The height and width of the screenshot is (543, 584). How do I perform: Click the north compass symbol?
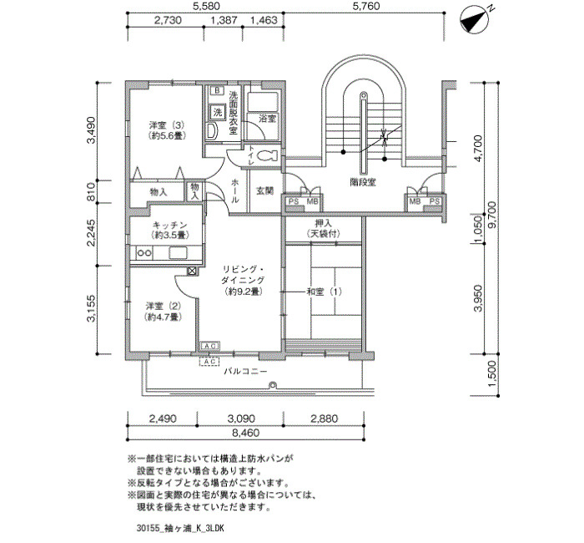coord(474,19)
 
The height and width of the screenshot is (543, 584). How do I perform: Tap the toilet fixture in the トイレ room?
coord(267,155)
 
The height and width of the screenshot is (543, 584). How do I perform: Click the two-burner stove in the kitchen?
coord(144,253)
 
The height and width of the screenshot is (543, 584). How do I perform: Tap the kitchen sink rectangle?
coord(178,252)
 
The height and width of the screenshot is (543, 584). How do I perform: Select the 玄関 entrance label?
coord(264,190)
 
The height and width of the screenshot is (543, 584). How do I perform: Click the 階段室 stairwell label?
coord(363,182)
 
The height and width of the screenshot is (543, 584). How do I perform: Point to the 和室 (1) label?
coord(324,292)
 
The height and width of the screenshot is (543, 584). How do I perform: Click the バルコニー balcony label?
coord(245,372)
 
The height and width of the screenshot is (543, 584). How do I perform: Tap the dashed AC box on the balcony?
coord(209,362)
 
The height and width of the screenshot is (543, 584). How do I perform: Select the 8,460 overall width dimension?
coord(245,433)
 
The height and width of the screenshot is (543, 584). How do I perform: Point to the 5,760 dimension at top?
coord(365,7)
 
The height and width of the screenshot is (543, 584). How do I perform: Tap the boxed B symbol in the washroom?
coord(217,90)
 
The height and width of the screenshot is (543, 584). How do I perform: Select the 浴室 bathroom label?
coord(267,119)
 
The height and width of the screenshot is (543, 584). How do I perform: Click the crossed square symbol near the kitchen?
coord(192,271)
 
